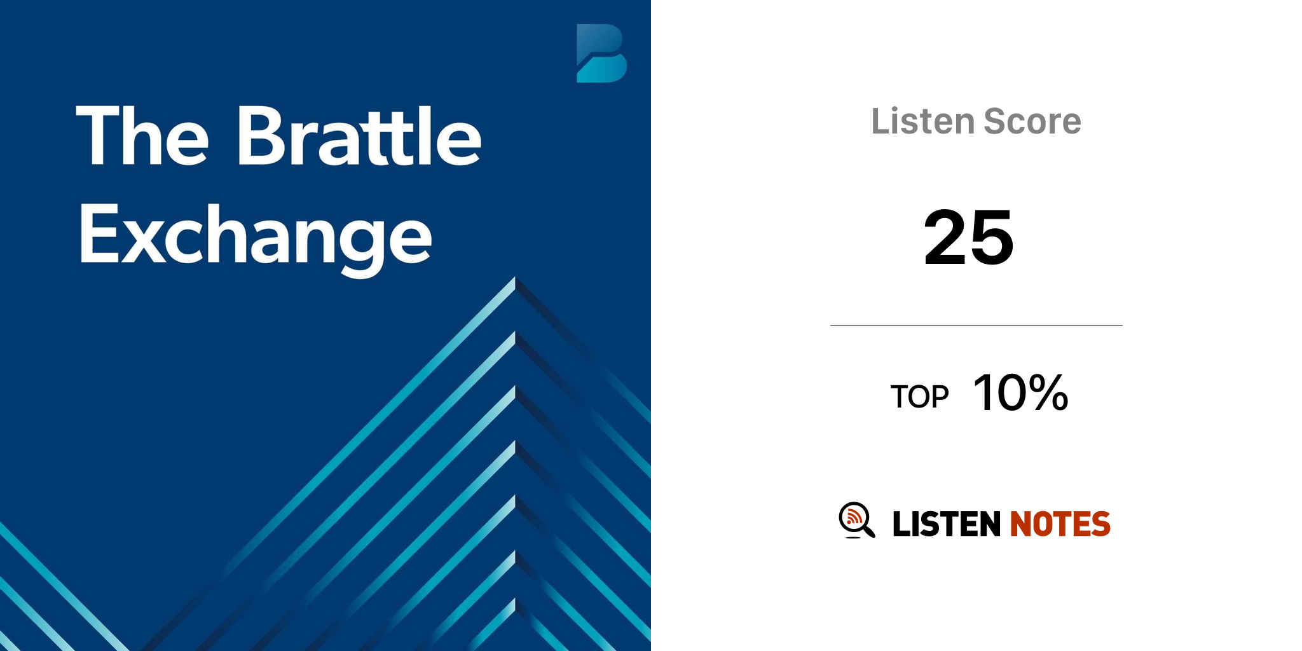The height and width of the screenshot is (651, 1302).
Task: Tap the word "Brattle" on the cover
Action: pos(360,135)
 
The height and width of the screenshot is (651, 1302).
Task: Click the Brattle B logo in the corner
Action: pos(601,53)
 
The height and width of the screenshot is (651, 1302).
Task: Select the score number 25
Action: pos(968,237)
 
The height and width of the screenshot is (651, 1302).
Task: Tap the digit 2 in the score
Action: pos(945,236)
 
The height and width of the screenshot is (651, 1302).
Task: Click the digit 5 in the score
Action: pos(992,237)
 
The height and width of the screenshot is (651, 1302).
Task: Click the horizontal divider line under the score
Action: pos(976,325)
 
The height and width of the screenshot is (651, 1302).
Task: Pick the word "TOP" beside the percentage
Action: pos(919,397)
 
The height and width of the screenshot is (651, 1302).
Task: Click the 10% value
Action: pos(1020,392)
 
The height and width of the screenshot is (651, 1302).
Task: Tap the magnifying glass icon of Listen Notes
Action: pos(856,520)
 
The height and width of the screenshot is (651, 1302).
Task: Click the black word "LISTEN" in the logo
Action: pos(947,524)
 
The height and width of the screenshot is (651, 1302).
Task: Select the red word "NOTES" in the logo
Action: pos(1060,524)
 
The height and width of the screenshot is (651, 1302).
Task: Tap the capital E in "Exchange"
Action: pos(99,234)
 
